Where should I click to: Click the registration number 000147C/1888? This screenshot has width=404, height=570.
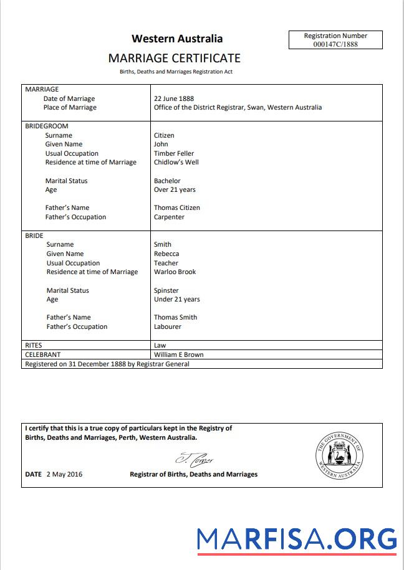[335, 44]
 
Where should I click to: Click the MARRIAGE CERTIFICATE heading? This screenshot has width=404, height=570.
[174, 58]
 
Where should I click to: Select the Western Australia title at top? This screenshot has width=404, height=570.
[177, 39]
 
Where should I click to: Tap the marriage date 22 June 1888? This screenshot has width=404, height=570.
[174, 98]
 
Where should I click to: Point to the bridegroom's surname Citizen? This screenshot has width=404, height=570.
[164, 135]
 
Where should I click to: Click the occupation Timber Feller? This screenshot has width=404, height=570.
[174, 153]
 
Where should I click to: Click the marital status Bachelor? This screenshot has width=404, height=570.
[167, 181]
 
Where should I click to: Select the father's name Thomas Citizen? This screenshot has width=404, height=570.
[177, 207]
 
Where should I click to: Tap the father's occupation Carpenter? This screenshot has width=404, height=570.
[169, 217]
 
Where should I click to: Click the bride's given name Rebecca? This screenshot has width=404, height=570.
[166, 254]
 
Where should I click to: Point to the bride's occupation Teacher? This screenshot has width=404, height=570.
[166, 263]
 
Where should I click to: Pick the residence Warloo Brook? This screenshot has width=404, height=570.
[175, 272]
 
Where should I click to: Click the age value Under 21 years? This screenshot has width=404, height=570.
[177, 299]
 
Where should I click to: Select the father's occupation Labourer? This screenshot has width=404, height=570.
[168, 326]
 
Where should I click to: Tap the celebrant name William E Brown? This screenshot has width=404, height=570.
[179, 354]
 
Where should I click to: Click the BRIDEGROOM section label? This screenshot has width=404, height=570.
[47, 126]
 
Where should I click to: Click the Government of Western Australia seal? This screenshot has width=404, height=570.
[339, 455]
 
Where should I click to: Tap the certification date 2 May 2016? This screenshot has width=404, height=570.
[64, 474]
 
